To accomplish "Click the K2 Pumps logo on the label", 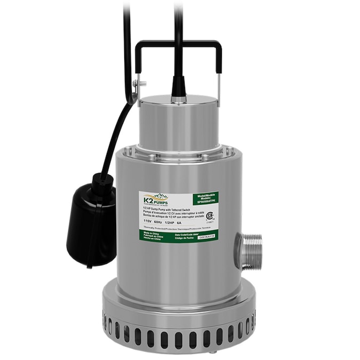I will point(154,199).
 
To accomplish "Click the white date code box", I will point(205,238).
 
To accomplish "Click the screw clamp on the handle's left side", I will point(140,84).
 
